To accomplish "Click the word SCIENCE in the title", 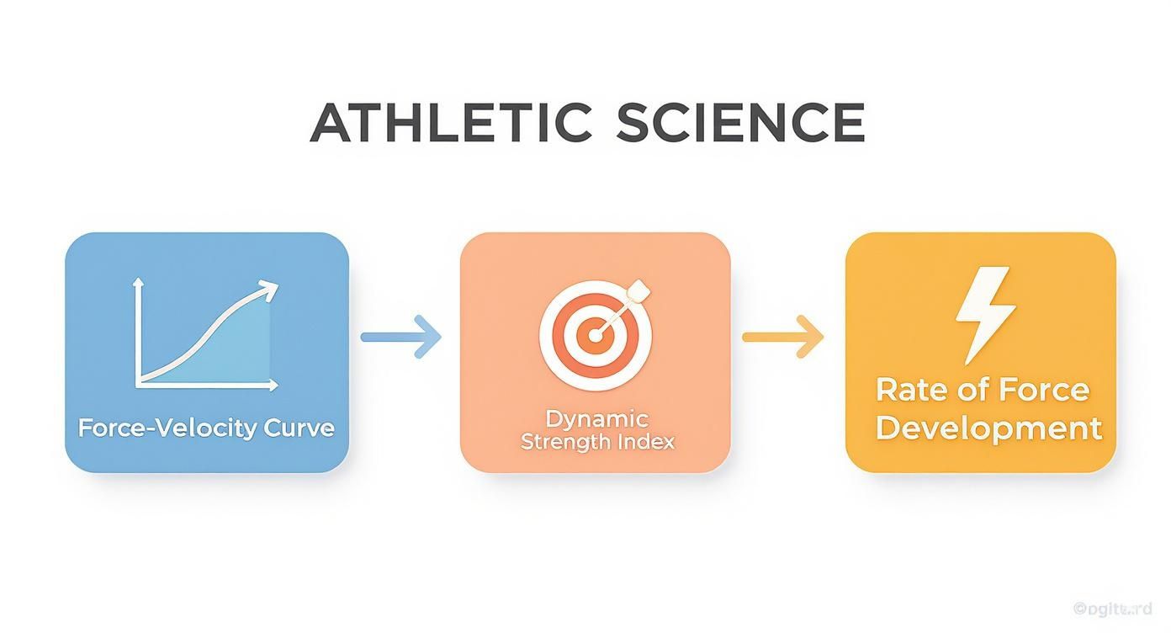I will pyautogui.click(x=740, y=123).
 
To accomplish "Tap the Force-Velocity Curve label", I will pyautogui.click(x=206, y=428).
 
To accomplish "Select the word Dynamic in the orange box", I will pyautogui.click(x=596, y=418).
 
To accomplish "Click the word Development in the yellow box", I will pyautogui.click(x=988, y=428).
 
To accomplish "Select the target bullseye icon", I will pyautogui.click(x=595, y=336).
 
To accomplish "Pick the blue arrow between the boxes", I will pyautogui.click(x=400, y=337).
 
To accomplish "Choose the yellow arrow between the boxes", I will pyautogui.click(x=782, y=337).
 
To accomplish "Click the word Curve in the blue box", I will pyautogui.click(x=299, y=428).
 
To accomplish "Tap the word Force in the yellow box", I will pyautogui.click(x=1042, y=390).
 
